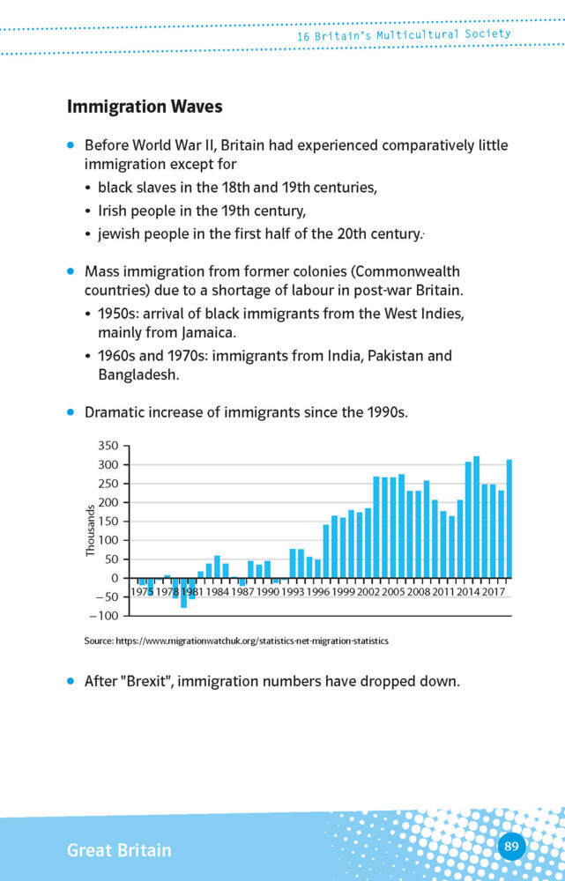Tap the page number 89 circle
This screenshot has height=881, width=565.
pos(511,848)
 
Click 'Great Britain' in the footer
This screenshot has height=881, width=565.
pos(119,850)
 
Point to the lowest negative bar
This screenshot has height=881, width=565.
pos(183,593)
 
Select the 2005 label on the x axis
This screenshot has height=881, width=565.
pos(392,592)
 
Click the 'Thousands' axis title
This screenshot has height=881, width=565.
pos(90,530)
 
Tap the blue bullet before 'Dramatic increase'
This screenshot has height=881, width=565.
pos(71,411)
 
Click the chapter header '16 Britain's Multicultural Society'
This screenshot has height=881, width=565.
pos(404,35)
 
